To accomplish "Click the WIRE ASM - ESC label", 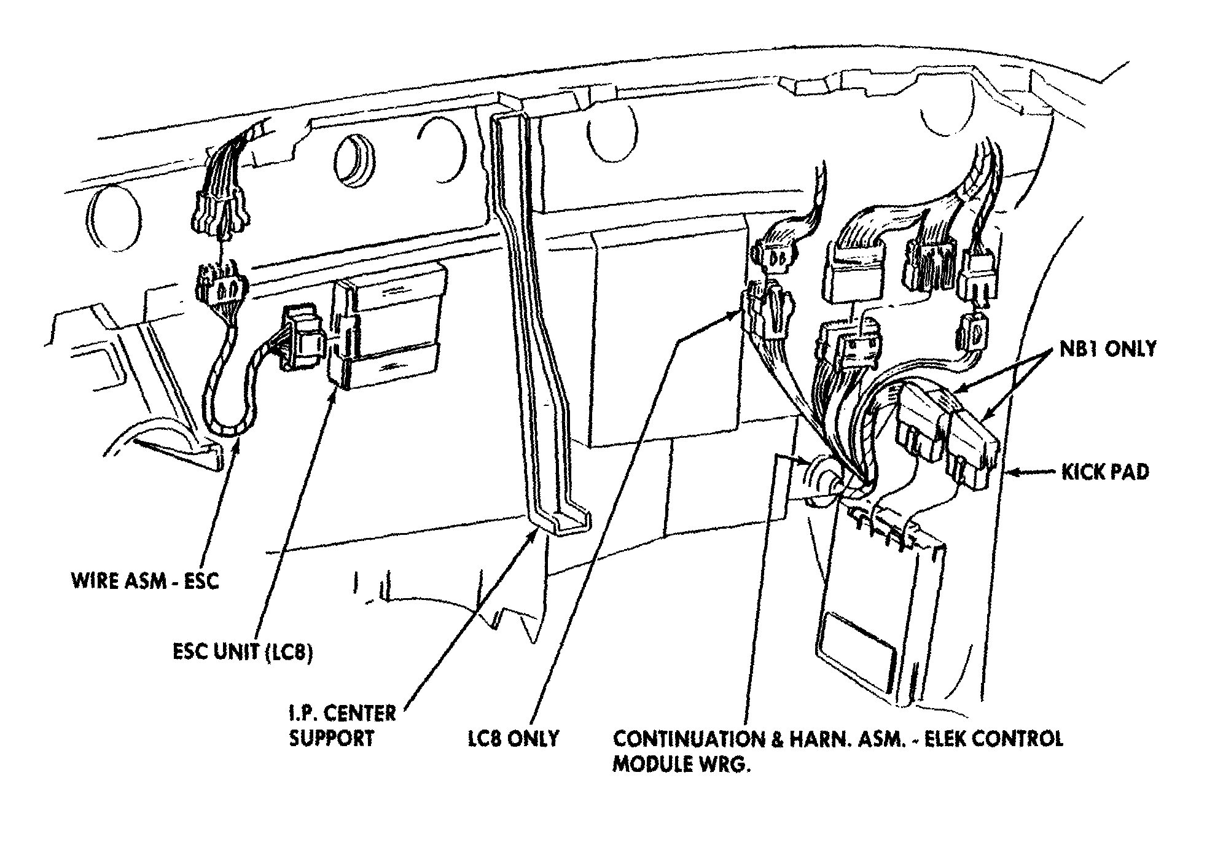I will coord(145,581).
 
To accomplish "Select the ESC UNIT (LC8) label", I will coord(243,652).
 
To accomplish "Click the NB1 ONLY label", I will coord(1108,349).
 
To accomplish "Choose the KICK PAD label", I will coord(1105,472).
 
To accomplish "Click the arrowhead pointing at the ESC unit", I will coord(334,393).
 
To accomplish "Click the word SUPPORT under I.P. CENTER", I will coord(331,738).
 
